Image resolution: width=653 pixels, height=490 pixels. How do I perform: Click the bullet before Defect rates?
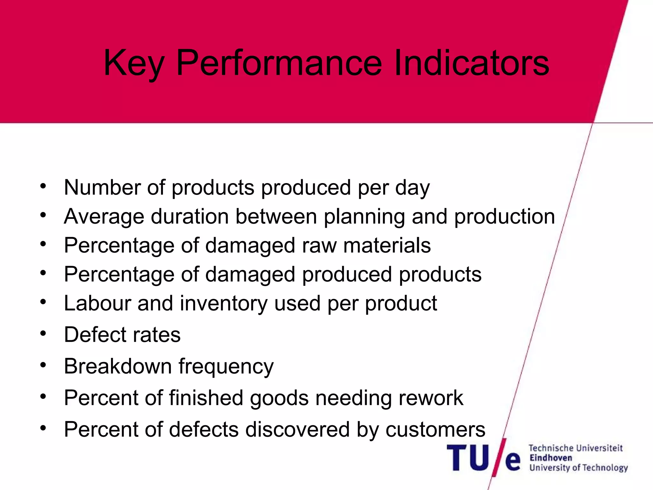pyautogui.click(x=43, y=333)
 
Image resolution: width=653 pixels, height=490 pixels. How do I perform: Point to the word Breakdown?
pyautogui.click(x=118, y=366)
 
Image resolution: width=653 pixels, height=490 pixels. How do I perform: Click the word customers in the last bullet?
pyautogui.click(x=435, y=429)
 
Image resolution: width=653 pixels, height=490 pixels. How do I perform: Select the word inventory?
pyautogui.click(x=224, y=304)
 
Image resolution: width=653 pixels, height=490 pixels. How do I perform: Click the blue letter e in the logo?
pyautogui.click(x=513, y=461)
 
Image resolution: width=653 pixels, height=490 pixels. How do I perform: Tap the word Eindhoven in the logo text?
pyautogui.click(x=551, y=458)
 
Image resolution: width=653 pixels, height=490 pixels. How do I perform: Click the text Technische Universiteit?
pyautogui.click(x=576, y=448)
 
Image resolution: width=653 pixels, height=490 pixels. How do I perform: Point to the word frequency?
pyautogui.click(x=226, y=367)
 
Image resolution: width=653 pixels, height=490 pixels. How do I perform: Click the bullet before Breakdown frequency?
pyautogui.click(x=43, y=365)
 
